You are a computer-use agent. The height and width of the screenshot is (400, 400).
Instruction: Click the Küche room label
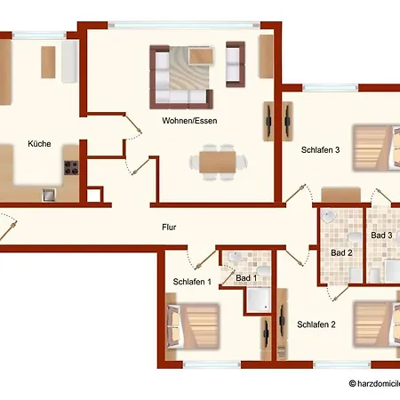39,144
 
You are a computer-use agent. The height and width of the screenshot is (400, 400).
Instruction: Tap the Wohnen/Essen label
189,121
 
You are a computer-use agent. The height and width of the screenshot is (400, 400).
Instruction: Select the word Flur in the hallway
169,228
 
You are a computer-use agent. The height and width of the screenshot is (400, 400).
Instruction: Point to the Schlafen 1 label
192,282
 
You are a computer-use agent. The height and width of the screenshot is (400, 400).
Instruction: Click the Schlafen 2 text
316,324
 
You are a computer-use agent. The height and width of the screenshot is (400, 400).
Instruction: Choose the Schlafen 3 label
320,150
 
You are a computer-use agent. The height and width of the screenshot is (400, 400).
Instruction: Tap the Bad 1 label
246,278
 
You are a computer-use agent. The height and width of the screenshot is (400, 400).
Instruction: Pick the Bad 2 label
341,252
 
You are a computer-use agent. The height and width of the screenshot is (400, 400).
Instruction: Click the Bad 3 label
381,236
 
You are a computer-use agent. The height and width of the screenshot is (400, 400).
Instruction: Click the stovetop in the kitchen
71,168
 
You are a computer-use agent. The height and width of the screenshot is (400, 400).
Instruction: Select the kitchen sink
49,195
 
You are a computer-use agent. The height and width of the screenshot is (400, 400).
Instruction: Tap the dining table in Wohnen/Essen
218,162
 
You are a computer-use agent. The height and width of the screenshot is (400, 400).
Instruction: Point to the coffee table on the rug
201,56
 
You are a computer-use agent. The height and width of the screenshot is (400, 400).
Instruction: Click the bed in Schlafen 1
193,326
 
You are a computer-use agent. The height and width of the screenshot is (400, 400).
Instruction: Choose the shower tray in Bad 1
259,300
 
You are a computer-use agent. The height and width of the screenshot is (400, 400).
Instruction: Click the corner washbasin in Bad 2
329,216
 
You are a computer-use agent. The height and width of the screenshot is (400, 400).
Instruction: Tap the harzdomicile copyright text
374,383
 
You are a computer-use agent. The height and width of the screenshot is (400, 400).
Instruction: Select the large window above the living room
184,25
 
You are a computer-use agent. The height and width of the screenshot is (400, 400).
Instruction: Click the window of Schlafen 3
330,88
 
